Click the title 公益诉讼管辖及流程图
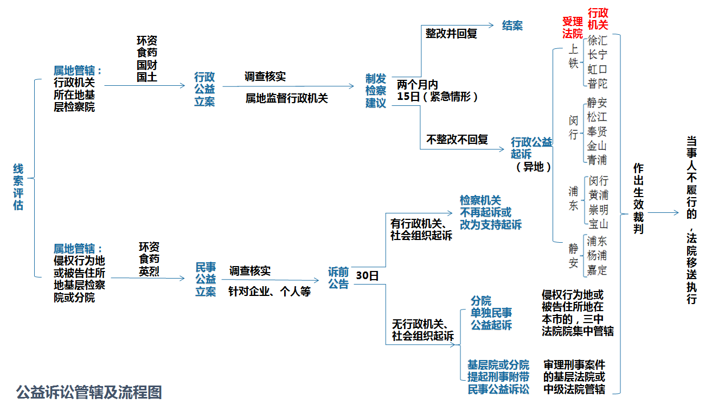(x=89, y=392)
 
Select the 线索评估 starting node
(x=18, y=187)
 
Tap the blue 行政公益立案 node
(x=204, y=89)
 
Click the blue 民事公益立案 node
(x=206, y=279)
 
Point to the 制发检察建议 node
(x=376, y=91)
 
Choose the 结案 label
(x=512, y=26)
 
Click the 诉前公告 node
(x=338, y=277)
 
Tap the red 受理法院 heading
(x=572, y=28)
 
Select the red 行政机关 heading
(x=598, y=18)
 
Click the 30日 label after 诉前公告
(x=367, y=276)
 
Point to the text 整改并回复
(x=451, y=34)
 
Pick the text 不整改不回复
(x=457, y=140)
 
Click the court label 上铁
(x=573, y=56)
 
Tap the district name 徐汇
(x=598, y=41)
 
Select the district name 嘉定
(x=598, y=270)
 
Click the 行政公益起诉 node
(x=531, y=148)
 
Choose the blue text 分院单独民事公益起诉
(x=491, y=313)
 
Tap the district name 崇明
(x=598, y=209)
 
